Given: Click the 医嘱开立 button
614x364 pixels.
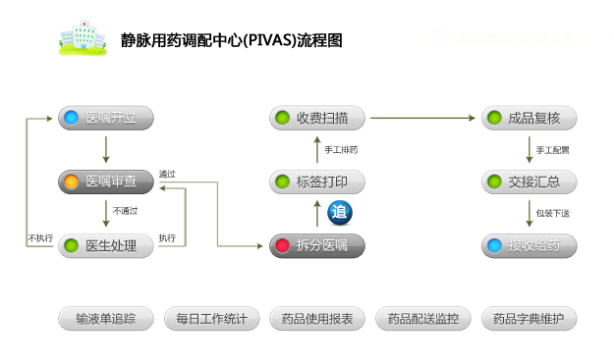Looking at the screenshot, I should tap(106, 119).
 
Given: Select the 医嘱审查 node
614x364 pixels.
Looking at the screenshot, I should tap(106, 182).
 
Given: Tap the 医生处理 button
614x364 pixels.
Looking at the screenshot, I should tap(106, 245).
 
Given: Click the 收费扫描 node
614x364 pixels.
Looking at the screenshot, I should tap(317, 119).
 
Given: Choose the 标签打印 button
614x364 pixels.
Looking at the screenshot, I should tap(317, 182).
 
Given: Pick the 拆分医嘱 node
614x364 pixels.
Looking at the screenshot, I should tap(317, 245).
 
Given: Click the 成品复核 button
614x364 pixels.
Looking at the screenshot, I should tap(529, 119).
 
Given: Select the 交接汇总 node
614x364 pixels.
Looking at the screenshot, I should tap(529, 182).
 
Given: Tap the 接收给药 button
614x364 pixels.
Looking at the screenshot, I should tap(529, 245).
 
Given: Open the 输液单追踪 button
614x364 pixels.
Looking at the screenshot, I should tap(106, 319).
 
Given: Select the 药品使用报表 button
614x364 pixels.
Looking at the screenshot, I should tap(317, 319).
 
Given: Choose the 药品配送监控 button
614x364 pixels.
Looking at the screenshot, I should tap(423, 319).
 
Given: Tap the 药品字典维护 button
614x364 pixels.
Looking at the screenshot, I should tap(529, 319).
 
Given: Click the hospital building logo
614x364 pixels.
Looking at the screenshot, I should tap(84, 37).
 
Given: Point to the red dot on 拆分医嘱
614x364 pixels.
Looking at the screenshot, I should tap(283, 245).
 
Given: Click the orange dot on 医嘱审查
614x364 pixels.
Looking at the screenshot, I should tap(72, 182).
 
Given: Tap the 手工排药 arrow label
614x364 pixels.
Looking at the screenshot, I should tap(341, 150).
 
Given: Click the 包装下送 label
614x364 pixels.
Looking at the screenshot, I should tap(552, 213).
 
